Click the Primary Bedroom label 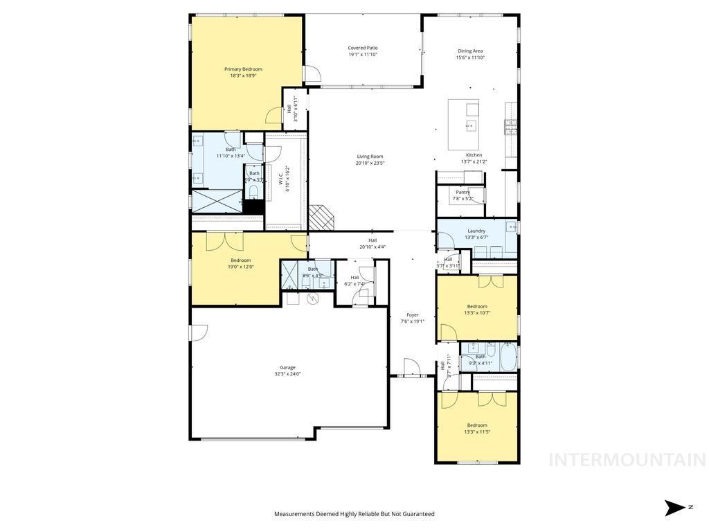click(x=243, y=69)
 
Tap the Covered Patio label click(x=363, y=48)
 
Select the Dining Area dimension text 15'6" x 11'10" click(x=470, y=57)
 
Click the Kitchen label click(x=474, y=155)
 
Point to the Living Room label click(x=370, y=157)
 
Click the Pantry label click(x=463, y=192)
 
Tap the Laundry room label click(x=476, y=231)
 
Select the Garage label click(x=287, y=367)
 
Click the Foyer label click(x=413, y=314)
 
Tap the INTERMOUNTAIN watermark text click(x=627, y=460)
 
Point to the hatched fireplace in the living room click(x=322, y=217)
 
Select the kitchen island click(x=464, y=125)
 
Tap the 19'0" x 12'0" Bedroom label click(x=241, y=260)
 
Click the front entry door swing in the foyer click(x=409, y=367)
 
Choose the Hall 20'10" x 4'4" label click(x=373, y=240)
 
